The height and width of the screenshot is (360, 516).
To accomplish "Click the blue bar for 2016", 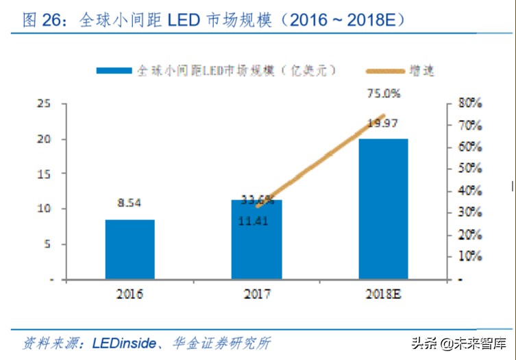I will (130, 250).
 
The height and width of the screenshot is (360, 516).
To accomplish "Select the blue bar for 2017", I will (256, 240).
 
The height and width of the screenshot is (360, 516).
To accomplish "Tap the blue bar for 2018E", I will (383, 209).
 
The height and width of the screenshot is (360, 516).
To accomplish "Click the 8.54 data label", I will (130, 203).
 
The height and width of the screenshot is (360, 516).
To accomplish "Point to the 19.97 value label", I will (383, 123).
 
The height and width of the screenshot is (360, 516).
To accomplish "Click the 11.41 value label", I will (255, 221).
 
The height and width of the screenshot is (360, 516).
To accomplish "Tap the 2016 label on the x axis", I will (130, 295).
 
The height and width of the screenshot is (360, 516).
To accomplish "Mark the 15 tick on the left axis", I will (43, 174).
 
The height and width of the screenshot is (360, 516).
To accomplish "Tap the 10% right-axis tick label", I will (471, 257).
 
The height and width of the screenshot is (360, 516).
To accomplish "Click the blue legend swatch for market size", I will (113, 70).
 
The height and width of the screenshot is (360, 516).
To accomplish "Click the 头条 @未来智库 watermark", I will (458, 342).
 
